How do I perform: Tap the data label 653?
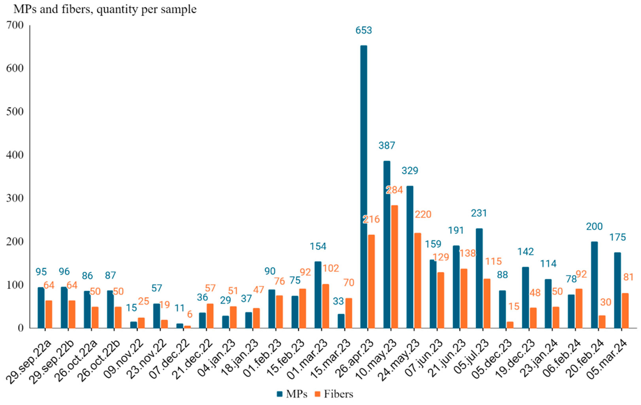[x=364, y=30]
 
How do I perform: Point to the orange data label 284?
[x=395, y=190]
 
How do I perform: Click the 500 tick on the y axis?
[x=15, y=112]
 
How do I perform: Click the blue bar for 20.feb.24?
[x=594, y=284]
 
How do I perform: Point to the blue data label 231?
[x=479, y=213]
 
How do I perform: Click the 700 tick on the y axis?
[x=15, y=25]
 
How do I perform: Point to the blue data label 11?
[x=179, y=308]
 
